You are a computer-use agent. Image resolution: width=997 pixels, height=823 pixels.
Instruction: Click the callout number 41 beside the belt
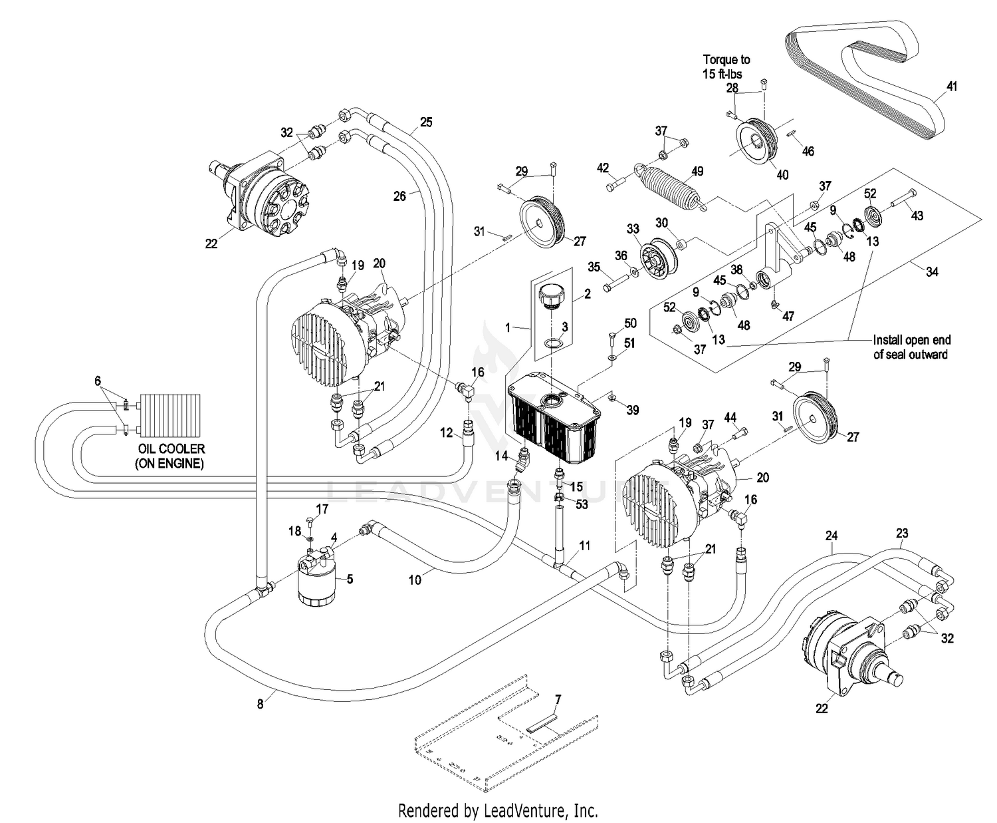tap(952, 87)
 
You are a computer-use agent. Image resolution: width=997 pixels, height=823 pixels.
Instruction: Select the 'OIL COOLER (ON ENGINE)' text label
tap(170, 456)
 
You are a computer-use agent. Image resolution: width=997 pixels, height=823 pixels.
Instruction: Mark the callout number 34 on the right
tap(932, 271)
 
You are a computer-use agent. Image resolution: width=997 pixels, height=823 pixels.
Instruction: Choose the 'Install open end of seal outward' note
tap(911, 347)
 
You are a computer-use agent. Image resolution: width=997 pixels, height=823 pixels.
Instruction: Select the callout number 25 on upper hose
tap(426, 122)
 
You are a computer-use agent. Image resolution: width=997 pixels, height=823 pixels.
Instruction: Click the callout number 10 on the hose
tap(415, 579)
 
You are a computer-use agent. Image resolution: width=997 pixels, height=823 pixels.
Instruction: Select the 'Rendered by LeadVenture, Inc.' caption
tap(498, 811)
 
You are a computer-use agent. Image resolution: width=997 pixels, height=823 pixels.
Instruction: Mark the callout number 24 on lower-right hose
tap(831, 536)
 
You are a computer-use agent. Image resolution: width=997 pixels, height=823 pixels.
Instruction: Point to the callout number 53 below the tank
tap(582, 505)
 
